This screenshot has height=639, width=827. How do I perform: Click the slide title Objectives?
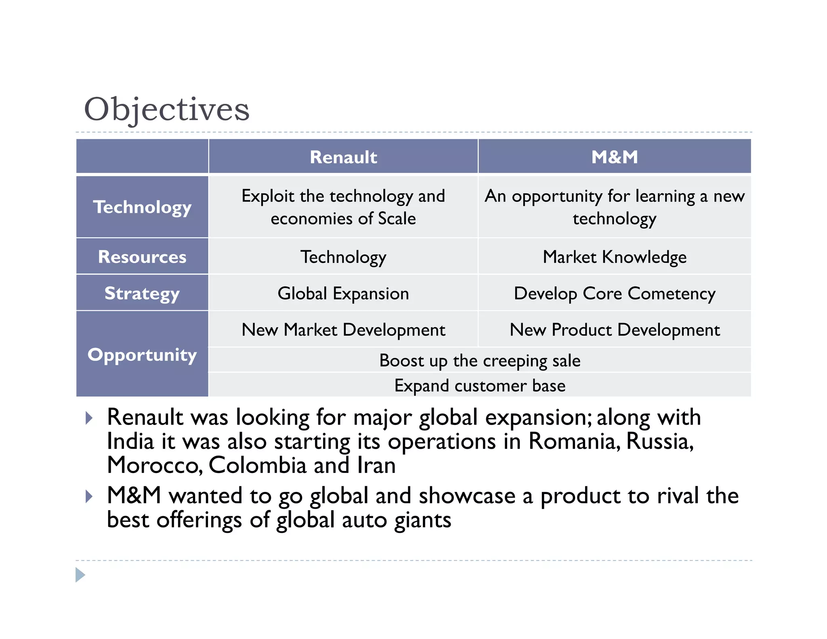pos(166,109)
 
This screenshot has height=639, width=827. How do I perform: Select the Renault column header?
pos(343,157)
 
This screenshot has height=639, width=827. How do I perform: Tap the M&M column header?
pos(614,157)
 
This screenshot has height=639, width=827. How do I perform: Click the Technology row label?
pos(142,207)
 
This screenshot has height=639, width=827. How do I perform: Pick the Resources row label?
pos(142,257)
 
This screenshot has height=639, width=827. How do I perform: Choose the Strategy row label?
pos(142,293)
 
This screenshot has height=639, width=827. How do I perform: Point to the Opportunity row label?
pos(142,355)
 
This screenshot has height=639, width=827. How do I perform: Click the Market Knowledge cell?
pos(614,257)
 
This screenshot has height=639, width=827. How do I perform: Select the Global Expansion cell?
pos(343,293)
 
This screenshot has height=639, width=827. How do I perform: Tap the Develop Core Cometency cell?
pos(614,293)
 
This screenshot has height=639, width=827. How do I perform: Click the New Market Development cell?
pos(343,330)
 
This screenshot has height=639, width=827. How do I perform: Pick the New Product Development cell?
pos(614,330)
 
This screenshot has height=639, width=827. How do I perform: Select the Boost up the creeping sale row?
pos(480,360)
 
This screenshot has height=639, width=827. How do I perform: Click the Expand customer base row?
pos(480,385)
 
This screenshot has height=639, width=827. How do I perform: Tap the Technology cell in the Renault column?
pos(343,257)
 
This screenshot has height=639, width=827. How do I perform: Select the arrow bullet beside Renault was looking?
pos(89,418)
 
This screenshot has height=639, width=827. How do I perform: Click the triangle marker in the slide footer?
pos(80,575)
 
